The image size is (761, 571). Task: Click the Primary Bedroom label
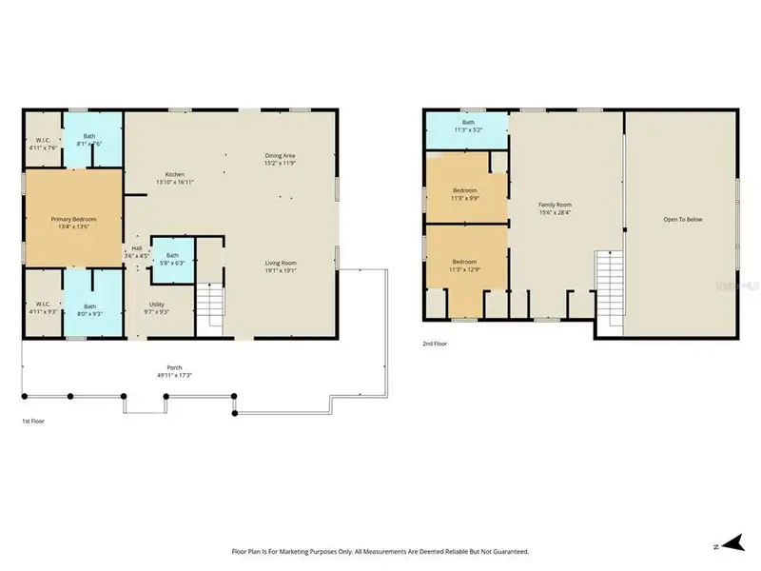(x=73, y=219)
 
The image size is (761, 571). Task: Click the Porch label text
(x=174, y=367)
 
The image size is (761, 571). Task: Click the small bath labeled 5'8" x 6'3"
(x=173, y=260)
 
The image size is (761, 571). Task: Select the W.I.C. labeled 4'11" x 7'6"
(x=41, y=143)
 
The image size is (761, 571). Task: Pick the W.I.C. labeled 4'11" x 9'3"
(x=41, y=305)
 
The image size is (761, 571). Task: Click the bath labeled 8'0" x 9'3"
(x=89, y=305)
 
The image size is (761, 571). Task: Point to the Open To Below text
(x=682, y=219)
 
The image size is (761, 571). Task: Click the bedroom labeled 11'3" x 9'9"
(x=464, y=194)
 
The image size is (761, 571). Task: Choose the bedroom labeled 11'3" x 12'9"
(x=464, y=265)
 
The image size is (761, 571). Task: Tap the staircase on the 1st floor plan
(x=211, y=305)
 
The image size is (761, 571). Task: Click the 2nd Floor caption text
(x=436, y=344)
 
